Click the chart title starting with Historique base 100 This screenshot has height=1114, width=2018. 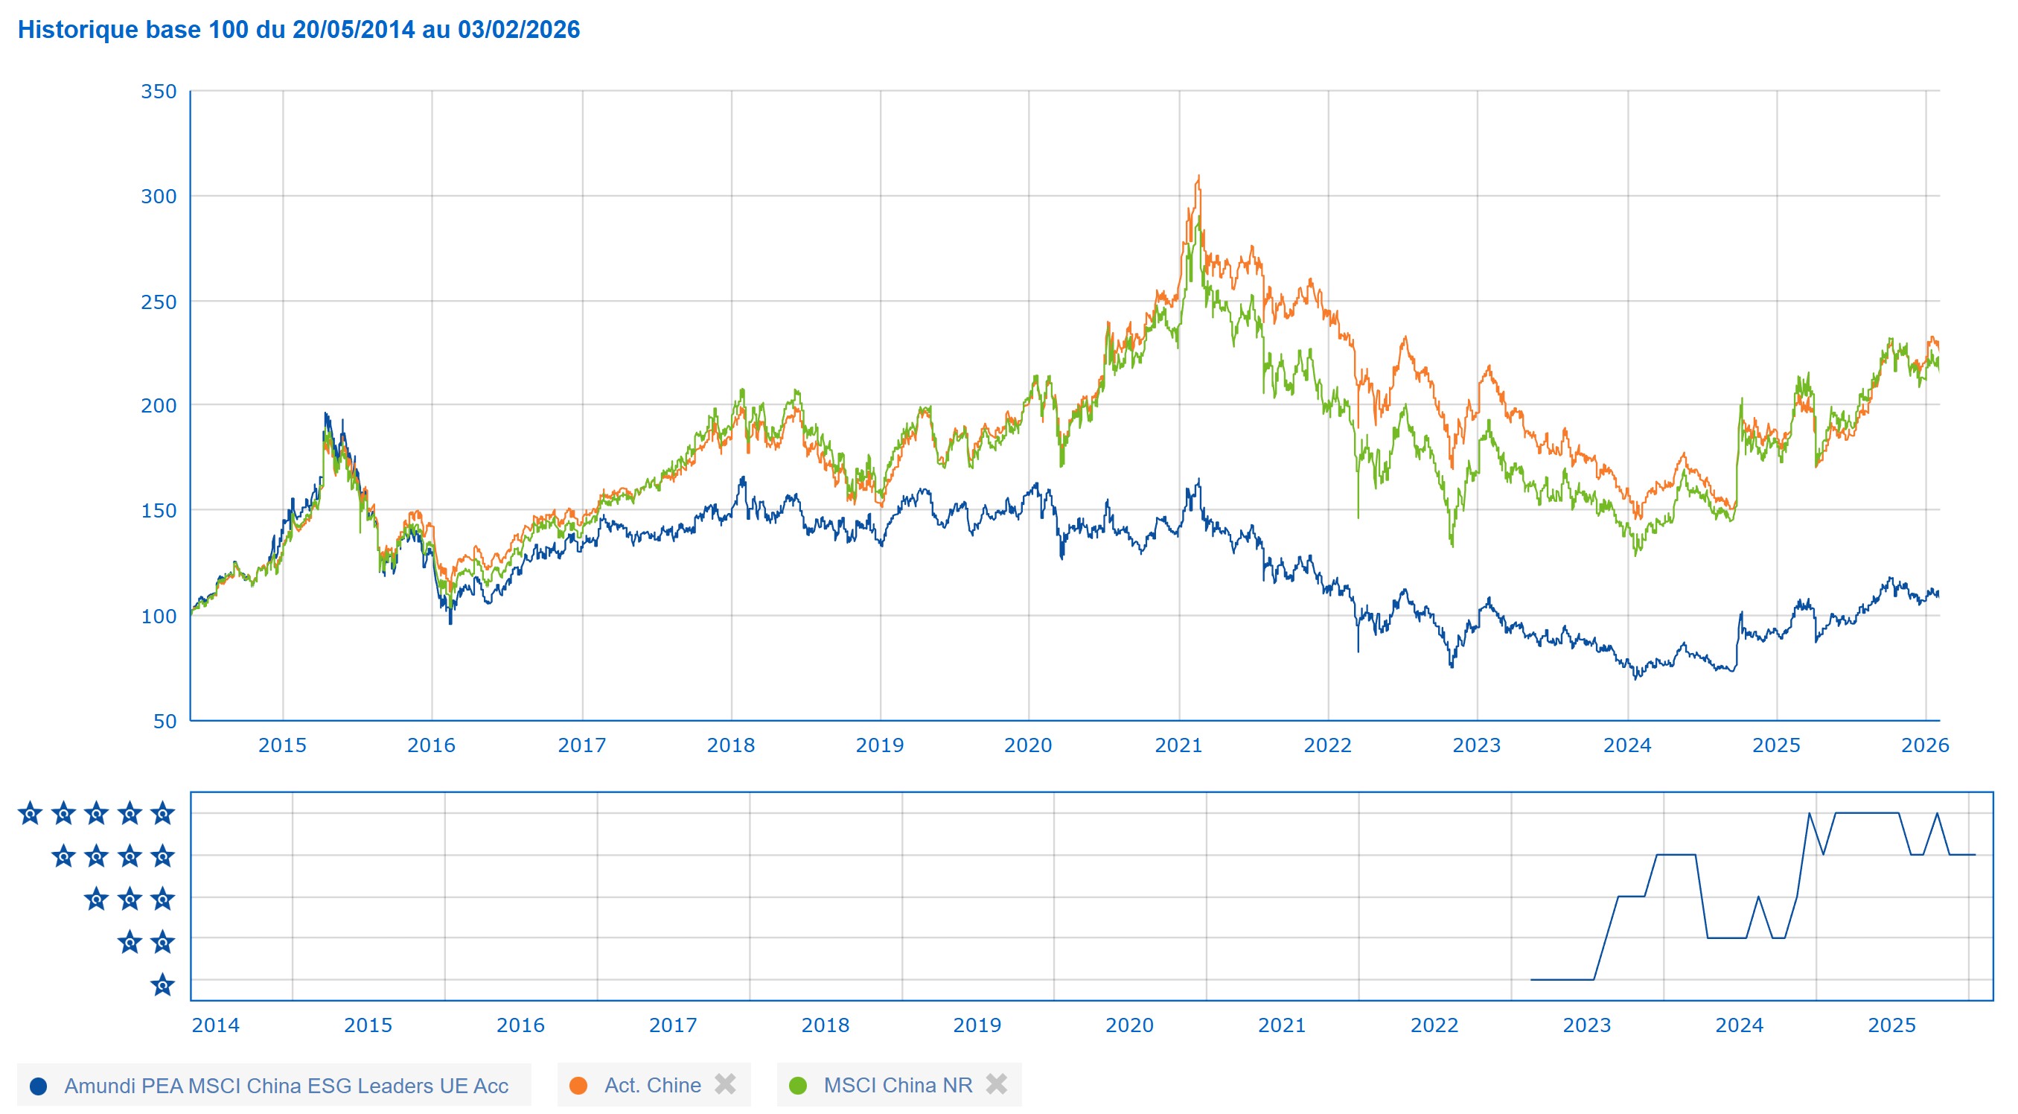click(x=298, y=30)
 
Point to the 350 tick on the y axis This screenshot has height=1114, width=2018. click(x=159, y=92)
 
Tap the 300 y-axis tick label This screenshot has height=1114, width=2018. click(x=159, y=197)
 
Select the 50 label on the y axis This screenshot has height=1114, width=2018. click(x=165, y=722)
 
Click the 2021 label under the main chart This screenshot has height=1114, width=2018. click(x=1178, y=745)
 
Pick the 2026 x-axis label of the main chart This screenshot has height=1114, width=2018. click(x=1925, y=745)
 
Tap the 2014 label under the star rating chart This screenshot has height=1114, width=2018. click(x=215, y=1025)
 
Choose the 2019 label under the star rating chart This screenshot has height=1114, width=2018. click(x=977, y=1025)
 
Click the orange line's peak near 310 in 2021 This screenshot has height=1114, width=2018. click(x=1198, y=177)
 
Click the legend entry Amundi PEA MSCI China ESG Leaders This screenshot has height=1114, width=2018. click(x=286, y=1086)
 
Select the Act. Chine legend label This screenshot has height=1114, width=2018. click(x=653, y=1085)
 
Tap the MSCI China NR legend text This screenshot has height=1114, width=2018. click(x=898, y=1085)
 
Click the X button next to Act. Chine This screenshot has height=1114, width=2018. click(x=726, y=1084)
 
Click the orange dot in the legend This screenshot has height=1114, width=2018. click(x=578, y=1086)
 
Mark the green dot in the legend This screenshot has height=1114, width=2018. click(x=797, y=1086)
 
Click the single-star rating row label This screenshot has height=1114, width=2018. click(x=162, y=984)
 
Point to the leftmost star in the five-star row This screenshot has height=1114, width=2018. click(x=30, y=814)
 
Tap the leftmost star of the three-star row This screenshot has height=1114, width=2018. click(x=95, y=900)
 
